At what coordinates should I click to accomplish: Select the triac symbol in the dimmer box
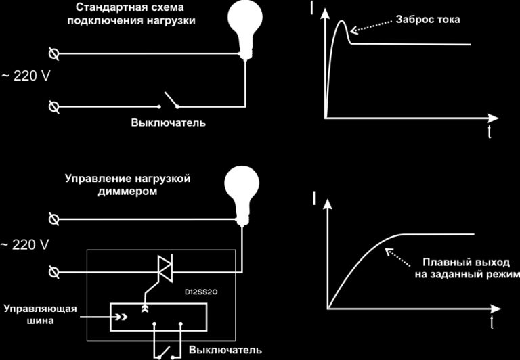[x=165, y=269]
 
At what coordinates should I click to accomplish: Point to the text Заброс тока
[x=428, y=20]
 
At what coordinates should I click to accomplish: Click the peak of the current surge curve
[x=342, y=21]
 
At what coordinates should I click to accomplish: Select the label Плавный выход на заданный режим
[x=466, y=269]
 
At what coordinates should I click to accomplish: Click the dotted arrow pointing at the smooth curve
[x=397, y=256]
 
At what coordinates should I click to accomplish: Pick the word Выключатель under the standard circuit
[x=168, y=122]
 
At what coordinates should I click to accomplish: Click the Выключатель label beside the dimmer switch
[x=225, y=350]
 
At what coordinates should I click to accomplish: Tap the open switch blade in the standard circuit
[x=171, y=99]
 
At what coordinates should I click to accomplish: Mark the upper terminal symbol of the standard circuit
[x=53, y=53]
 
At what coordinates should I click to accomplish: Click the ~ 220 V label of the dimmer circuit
[x=24, y=245]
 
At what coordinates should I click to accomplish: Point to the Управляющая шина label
[x=40, y=315]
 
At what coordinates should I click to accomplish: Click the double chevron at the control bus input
[x=121, y=317]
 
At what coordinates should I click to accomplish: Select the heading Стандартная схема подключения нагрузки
[x=131, y=14]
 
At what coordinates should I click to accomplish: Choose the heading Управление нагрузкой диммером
[x=128, y=185]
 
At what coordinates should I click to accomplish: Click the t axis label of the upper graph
[x=490, y=133]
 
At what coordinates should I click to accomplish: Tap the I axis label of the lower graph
[x=314, y=198]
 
